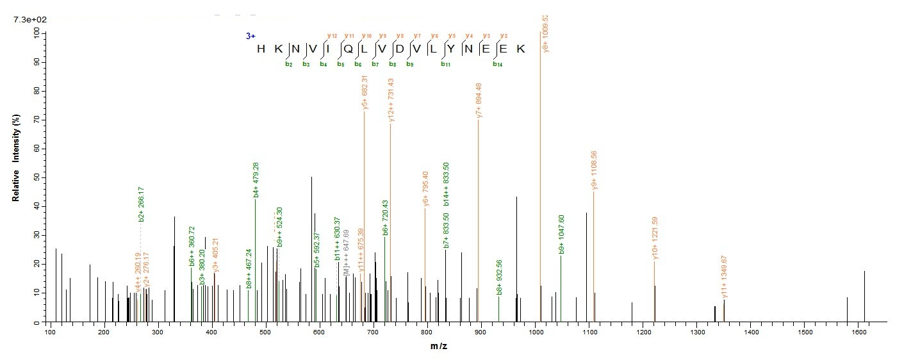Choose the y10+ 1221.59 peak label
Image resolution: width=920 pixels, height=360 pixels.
point(655,237)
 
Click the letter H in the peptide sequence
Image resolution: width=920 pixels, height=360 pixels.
point(261,50)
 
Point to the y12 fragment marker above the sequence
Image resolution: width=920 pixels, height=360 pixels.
point(332,36)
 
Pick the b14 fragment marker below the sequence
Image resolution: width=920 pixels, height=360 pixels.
point(497,64)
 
